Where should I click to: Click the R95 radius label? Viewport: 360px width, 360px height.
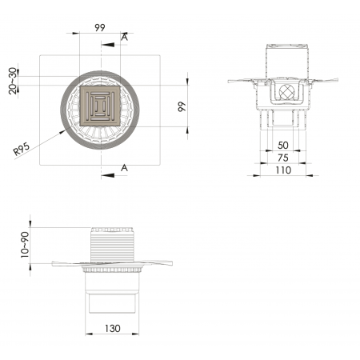tap(22, 150)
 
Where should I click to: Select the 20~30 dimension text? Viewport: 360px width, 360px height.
tap(13, 81)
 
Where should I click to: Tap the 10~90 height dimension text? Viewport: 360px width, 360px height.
tap(25, 245)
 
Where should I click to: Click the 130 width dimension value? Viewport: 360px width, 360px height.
tap(113, 328)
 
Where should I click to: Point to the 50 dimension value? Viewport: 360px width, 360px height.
tap(283, 146)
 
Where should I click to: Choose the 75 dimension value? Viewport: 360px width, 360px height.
tap(283, 158)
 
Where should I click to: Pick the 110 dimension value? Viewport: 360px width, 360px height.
tap(283, 170)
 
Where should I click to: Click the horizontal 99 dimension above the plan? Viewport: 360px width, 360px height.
tap(100, 27)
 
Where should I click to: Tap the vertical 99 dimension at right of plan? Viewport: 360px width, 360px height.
tap(182, 106)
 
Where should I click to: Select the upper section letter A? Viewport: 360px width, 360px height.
tap(124, 38)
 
